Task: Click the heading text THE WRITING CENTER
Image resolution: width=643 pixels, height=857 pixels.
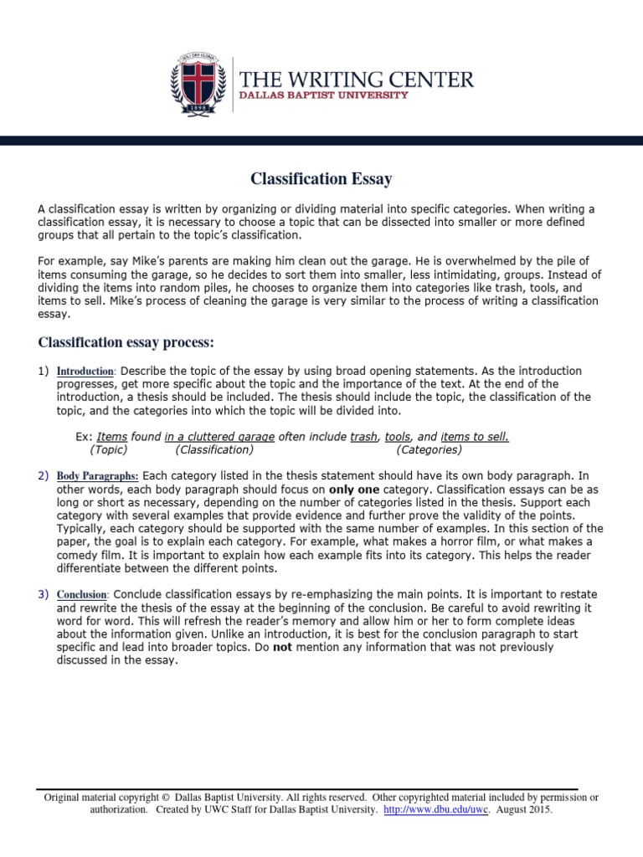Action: [357, 80]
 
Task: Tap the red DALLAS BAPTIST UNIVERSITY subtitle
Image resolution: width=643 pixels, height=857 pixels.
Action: [325, 95]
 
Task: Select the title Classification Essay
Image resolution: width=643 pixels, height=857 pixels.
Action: [321, 178]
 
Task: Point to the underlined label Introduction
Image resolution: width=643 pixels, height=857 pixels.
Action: [85, 371]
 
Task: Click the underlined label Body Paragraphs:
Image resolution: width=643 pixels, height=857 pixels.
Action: [98, 475]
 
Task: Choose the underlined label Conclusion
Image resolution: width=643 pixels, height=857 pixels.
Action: [83, 594]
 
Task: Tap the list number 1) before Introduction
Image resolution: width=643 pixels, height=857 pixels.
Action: [44, 371]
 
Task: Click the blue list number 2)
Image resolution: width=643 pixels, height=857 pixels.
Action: [44, 475]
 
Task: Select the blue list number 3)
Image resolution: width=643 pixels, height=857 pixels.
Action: [44, 594]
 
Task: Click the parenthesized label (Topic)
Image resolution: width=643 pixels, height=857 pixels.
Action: [109, 449]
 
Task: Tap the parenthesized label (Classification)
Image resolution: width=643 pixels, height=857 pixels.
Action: [215, 449]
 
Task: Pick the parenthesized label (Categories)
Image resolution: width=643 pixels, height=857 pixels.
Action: [431, 449]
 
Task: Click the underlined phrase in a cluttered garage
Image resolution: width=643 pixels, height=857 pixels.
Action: [212, 437]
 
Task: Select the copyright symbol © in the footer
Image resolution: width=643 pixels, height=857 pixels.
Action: [165, 798]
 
